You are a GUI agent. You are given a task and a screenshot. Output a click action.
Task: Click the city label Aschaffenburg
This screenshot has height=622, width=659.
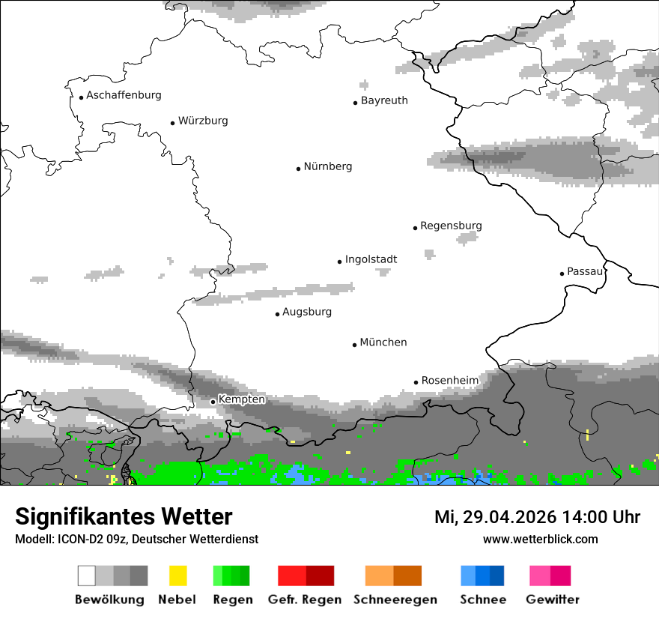click(x=124, y=96)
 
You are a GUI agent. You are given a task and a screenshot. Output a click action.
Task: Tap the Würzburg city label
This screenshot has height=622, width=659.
click(x=203, y=121)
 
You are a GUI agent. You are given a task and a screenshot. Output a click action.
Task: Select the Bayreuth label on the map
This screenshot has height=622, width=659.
click(x=384, y=100)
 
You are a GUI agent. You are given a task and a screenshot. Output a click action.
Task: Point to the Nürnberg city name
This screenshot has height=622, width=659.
click(x=328, y=167)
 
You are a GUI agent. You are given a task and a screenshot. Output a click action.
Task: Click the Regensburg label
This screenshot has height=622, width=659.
click(x=451, y=226)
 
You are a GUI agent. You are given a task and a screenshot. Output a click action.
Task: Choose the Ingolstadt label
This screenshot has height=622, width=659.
click(x=371, y=260)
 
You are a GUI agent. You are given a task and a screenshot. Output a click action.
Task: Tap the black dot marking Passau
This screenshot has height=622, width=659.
click(x=562, y=274)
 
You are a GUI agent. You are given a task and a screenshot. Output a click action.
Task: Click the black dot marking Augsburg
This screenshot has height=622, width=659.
click(x=277, y=314)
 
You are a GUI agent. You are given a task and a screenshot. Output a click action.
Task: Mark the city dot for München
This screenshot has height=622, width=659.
click(x=354, y=345)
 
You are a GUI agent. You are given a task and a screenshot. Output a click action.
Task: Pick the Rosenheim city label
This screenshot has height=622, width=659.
click(x=449, y=381)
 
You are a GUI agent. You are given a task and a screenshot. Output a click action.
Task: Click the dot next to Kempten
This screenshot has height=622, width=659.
click(x=213, y=402)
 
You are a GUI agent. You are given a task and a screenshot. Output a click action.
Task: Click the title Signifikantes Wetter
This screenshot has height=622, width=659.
click(x=124, y=517)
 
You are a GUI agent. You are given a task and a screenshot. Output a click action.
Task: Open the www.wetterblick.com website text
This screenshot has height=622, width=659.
click(x=540, y=539)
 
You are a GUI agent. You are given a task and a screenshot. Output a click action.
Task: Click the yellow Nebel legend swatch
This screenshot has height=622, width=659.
click(x=177, y=576)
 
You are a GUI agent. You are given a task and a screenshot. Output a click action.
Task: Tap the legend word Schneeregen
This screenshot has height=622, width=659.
click(x=394, y=600)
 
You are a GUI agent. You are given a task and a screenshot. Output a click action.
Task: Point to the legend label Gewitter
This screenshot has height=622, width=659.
click(x=553, y=600)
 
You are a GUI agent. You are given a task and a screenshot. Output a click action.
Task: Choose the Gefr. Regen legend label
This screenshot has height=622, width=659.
click(x=305, y=600)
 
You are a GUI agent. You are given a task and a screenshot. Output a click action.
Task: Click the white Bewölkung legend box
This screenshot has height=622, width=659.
click(x=87, y=576)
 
